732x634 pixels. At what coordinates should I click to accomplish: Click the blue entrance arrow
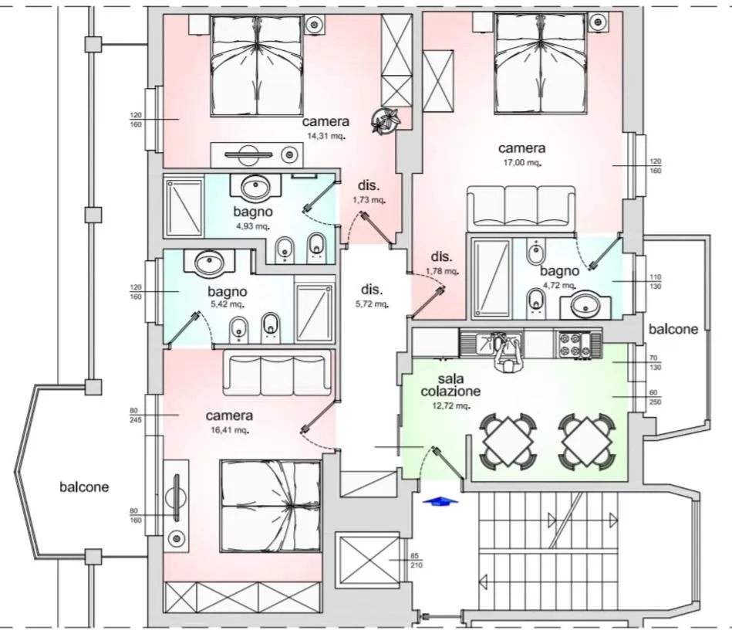(439, 501)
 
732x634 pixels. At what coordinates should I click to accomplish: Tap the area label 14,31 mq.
(326, 136)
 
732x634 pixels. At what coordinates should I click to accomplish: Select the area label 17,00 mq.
(521, 163)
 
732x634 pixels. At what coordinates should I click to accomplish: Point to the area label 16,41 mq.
(231, 430)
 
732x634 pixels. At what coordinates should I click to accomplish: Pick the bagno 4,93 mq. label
(251, 218)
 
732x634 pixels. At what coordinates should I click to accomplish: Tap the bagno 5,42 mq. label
(227, 298)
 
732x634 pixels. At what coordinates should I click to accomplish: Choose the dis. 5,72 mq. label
(372, 297)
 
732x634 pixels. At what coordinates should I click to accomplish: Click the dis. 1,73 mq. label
(369, 192)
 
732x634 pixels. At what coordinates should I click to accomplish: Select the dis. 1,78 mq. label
(442, 263)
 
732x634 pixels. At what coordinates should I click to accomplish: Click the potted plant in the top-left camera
(384, 120)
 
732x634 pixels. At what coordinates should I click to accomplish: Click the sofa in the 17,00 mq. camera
(521, 207)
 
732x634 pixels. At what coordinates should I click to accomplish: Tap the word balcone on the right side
(673, 329)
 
